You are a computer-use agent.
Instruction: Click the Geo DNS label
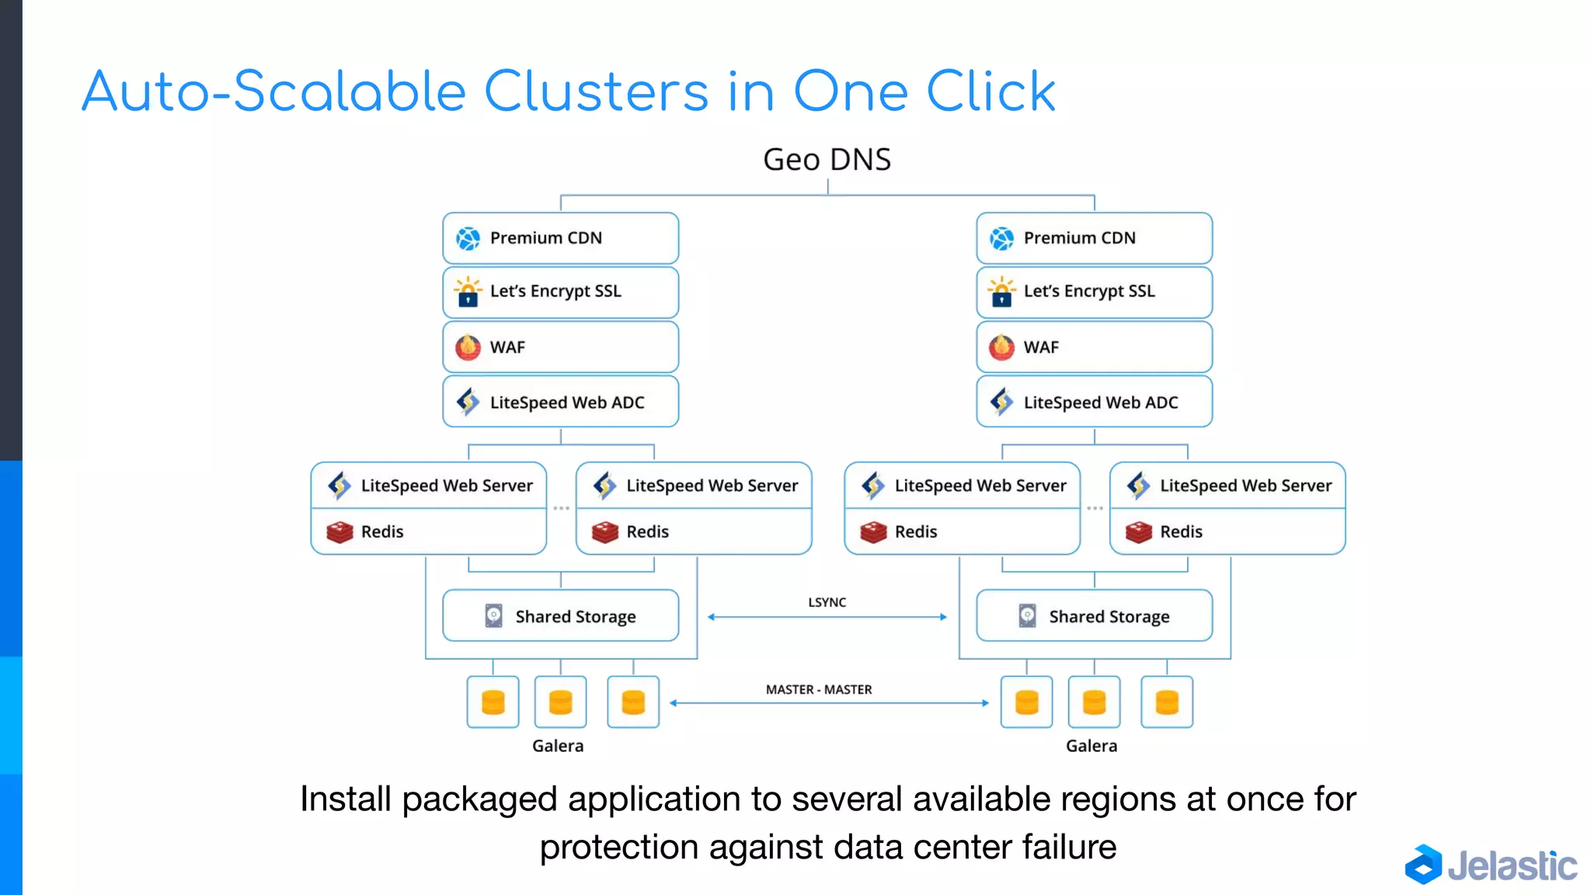pyautogui.click(x=827, y=160)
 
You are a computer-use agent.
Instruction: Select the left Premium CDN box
pyautogui.click(x=560, y=238)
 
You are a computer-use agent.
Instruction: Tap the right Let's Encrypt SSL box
pyautogui.click(x=1094, y=292)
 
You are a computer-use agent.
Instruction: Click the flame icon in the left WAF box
pyautogui.click(x=468, y=347)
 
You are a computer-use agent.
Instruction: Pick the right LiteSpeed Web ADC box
pyautogui.click(x=1094, y=402)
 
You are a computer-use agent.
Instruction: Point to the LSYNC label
pyautogui.click(x=827, y=602)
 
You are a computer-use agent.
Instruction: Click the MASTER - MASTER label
pyautogui.click(x=819, y=690)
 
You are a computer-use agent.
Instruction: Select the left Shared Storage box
pyautogui.click(x=560, y=616)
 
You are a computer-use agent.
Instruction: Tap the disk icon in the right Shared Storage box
pyautogui.click(x=1027, y=616)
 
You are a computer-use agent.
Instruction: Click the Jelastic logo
pyautogui.click(x=1491, y=865)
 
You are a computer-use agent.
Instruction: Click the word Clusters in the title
pyautogui.click(x=596, y=92)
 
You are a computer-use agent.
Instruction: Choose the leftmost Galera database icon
pyautogui.click(x=493, y=702)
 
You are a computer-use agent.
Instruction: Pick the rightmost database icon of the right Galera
pyautogui.click(x=1166, y=702)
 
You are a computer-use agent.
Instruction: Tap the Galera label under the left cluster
pyautogui.click(x=557, y=746)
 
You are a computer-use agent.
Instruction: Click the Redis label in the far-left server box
pyautogui.click(x=382, y=532)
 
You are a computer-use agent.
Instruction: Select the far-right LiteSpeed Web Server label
pyautogui.click(x=1245, y=486)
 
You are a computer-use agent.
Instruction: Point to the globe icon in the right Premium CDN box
pyautogui.click(x=1001, y=239)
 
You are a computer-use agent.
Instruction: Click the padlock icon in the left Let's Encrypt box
pyautogui.click(x=468, y=294)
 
